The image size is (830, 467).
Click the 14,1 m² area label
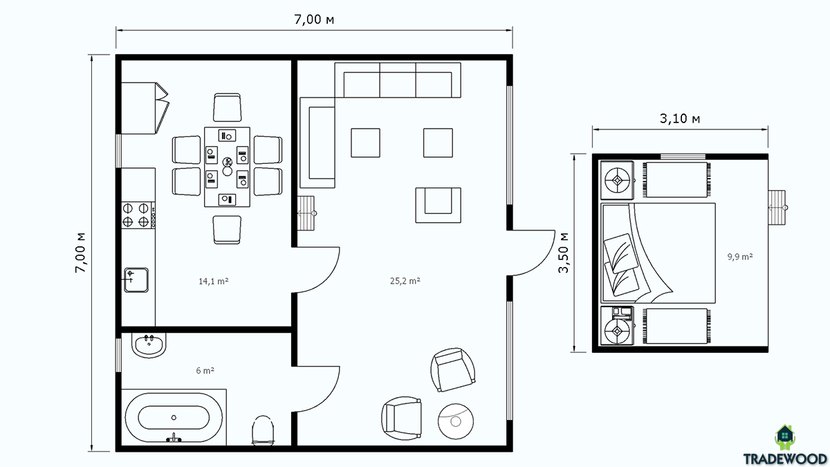[x=214, y=282]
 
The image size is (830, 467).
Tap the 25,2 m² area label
[x=405, y=281]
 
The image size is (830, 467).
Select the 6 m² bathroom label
[x=205, y=370]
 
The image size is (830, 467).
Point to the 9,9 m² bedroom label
[x=740, y=257]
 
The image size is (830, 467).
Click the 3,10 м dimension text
[x=680, y=118]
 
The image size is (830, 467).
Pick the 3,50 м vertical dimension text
[x=563, y=253]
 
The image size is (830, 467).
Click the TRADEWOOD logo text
[x=785, y=459]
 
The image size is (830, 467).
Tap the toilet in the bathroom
[x=263, y=430]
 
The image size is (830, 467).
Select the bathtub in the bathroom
[x=174, y=417]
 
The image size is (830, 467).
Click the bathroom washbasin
[x=149, y=345]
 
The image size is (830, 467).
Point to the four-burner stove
[x=138, y=215]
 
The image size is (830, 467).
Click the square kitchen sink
[x=136, y=280]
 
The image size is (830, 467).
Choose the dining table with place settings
[x=227, y=167]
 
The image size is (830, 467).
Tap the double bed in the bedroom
[x=658, y=253]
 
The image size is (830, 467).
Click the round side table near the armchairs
[x=455, y=421]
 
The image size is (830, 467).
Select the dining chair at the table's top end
[x=227, y=107]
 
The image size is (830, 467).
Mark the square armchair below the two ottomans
[x=438, y=205]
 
